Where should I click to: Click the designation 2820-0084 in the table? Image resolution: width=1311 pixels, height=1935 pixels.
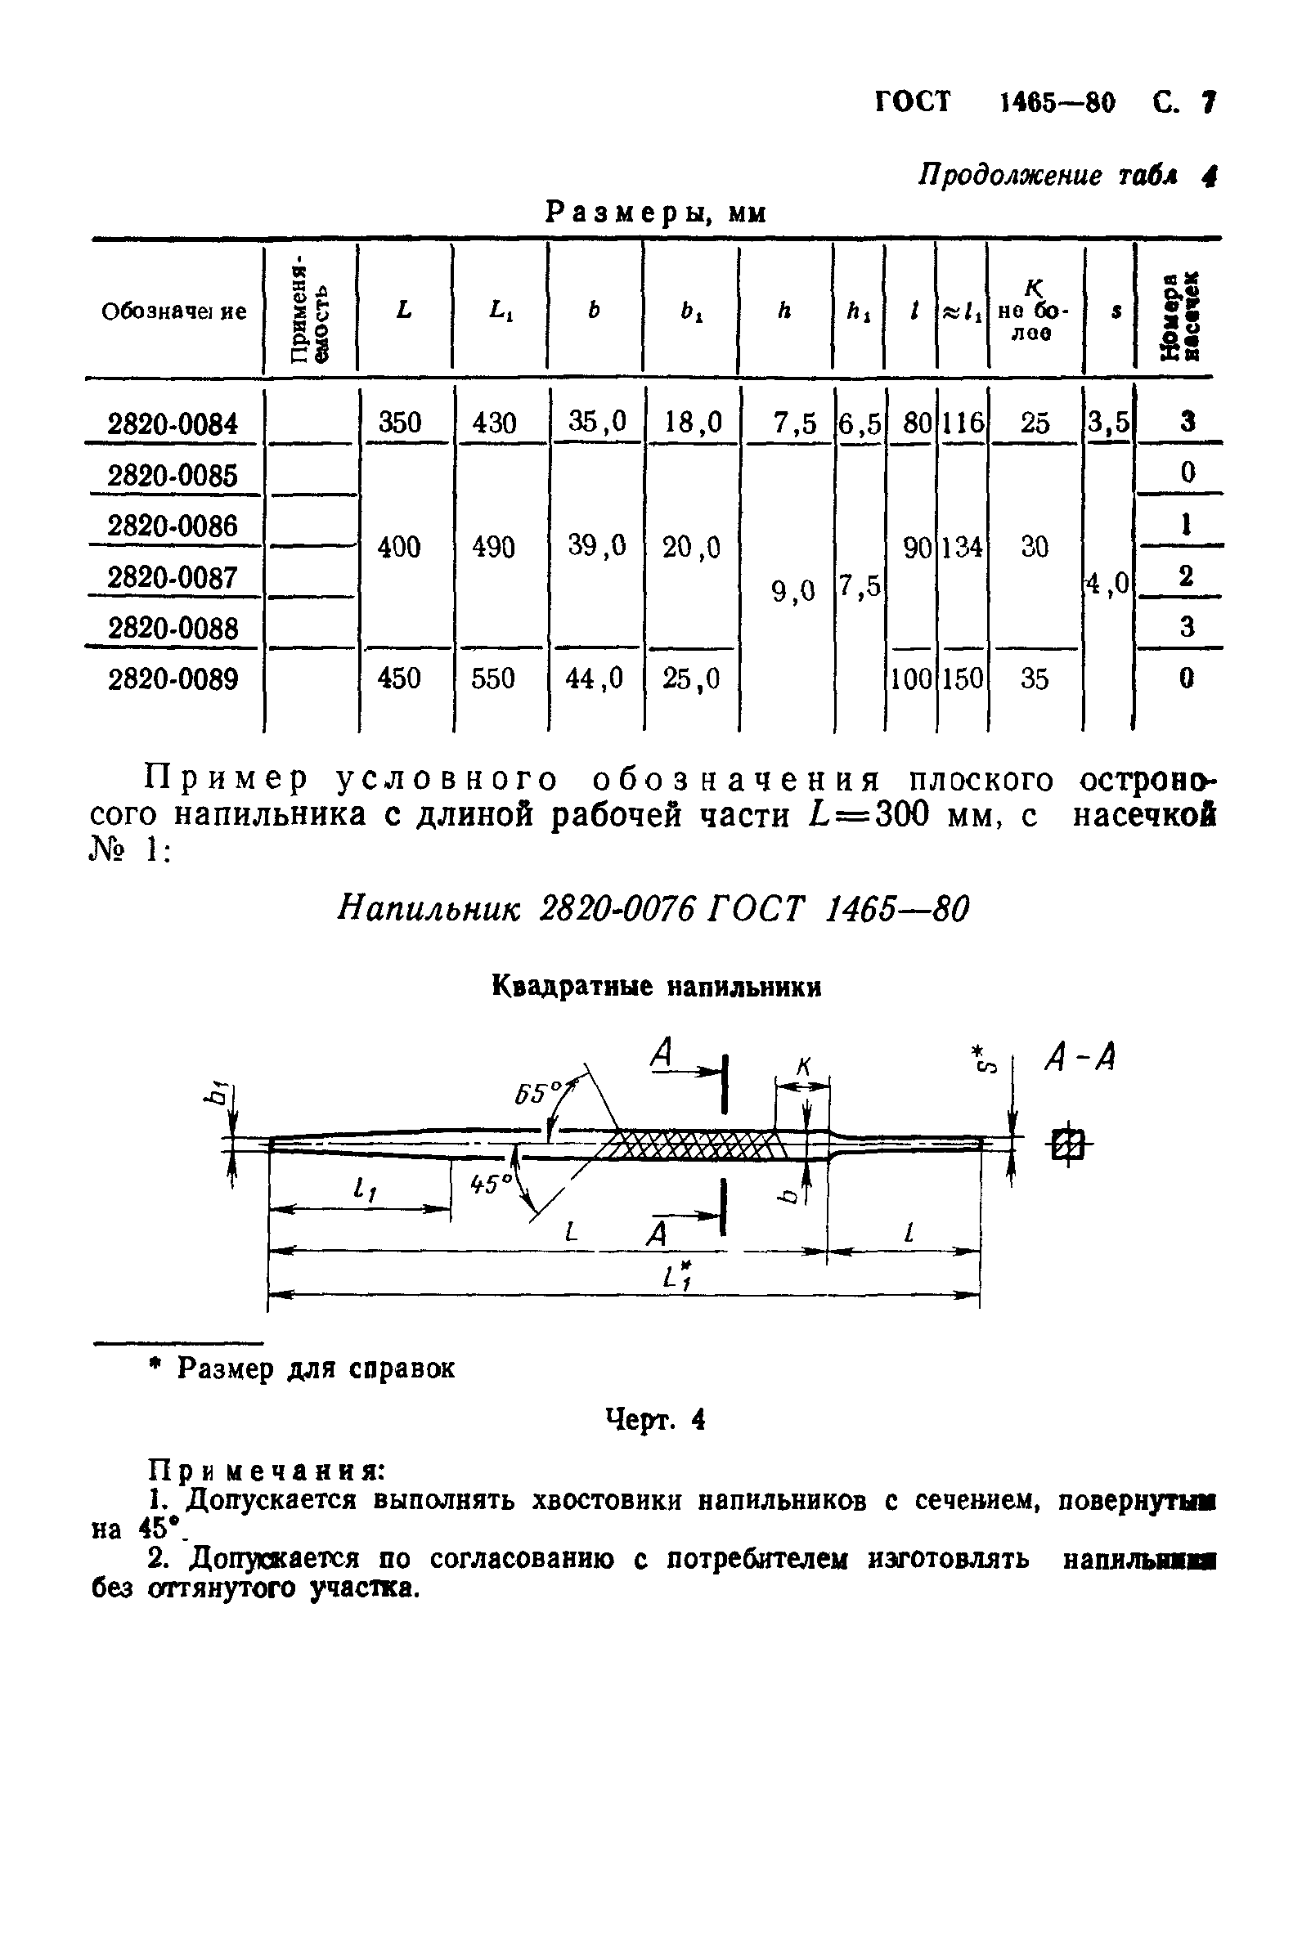pyautogui.click(x=173, y=424)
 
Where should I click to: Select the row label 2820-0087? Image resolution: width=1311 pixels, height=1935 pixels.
pyautogui.click(x=173, y=577)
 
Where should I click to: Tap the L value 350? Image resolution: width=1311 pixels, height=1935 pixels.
pyautogui.click(x=400, y=423)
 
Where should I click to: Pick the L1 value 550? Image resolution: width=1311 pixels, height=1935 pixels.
pyautogui.click(x=494, y=679)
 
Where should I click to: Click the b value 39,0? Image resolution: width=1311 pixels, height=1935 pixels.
pyautogui.click(x=596, y=546)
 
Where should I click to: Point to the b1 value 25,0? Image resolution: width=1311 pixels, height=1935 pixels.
pyautogui.click(x=690, y=679)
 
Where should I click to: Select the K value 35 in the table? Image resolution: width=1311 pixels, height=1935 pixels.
pyautogui.click(x=1035, y=679)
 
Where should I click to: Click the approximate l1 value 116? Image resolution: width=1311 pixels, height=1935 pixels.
pyautogui.click(x=962, y=423)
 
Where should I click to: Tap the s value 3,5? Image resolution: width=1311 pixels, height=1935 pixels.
pyautogui.click(x=1109, y=423)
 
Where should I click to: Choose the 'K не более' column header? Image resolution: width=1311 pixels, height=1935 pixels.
pyautogui.click(x=1034, y=311)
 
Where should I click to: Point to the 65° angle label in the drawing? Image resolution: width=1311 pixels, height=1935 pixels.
pyautogui.click(x=537, y=1093)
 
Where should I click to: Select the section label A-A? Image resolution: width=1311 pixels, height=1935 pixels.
pyautogui.click(x=1080, y=1060)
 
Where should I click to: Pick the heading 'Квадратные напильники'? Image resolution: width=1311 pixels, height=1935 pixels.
pyautogui.click(x=657, y=988)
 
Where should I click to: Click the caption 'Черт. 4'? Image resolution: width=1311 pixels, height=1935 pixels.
pyautogui.click(x=657, y=1420)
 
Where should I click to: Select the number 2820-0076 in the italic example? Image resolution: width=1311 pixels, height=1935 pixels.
pyautogui.click(x=618, y=909)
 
